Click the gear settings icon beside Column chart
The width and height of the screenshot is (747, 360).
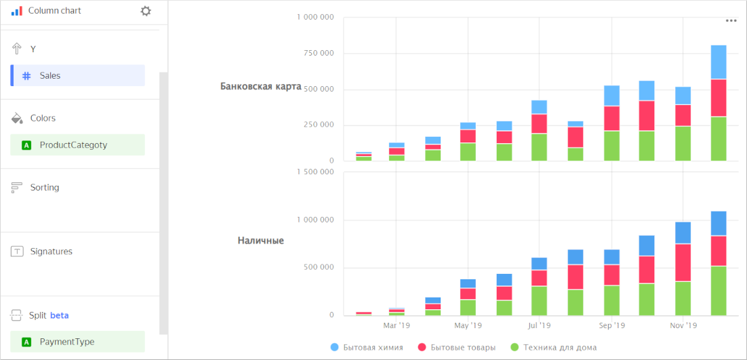click(146, 11)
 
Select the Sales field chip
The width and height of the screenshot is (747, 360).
click(77, 76)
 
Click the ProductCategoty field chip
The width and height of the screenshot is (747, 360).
click(77, 145)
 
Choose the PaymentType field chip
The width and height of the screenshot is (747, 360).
click(77, 342)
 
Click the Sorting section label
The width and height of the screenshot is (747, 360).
click(45, 188)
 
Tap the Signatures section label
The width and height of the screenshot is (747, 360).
click(51, 252)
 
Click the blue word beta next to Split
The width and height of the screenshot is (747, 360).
click(59, 316)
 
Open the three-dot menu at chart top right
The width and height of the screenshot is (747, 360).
click(731, 20)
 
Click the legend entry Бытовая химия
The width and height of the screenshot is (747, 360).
click(373, 348)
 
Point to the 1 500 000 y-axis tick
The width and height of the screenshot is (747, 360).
click(316, 172)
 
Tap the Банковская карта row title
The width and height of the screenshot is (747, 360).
click(260, 86)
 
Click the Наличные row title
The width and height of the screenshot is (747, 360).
click(260, 241)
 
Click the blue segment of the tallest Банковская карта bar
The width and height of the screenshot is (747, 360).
click(719, 62)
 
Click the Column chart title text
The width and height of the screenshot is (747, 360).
click(54, 11)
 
